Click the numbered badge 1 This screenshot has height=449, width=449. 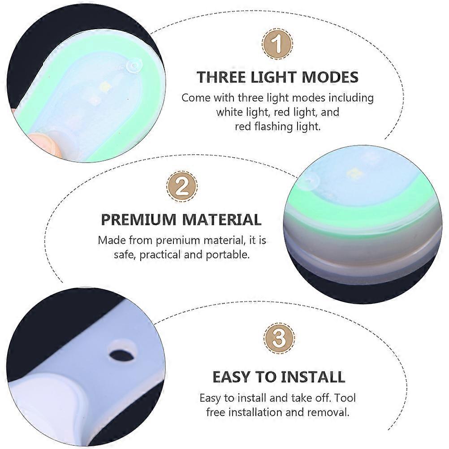(277, 44)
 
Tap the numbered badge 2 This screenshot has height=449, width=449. (181, 186)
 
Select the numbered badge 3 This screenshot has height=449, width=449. (279, 338)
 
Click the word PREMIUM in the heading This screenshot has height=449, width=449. (138, 220)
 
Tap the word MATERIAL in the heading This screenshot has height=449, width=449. (222, 220)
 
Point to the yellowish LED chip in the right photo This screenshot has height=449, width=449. (351, 173)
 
